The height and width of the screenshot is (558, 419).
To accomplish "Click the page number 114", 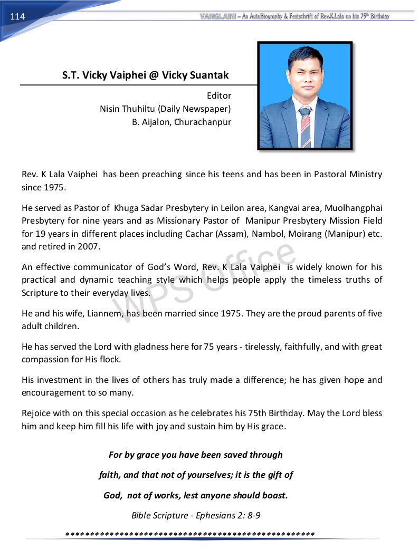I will (17, 17).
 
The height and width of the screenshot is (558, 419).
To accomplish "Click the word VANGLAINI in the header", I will (217, 16).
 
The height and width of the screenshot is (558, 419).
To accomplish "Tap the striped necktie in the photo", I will (305, 127).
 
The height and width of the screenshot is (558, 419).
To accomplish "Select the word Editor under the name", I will (219, 95).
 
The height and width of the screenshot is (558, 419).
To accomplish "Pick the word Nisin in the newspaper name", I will (111, 109).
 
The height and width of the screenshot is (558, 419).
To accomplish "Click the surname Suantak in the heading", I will (207, 75).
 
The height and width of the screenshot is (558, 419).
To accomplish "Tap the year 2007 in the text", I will (90, 246).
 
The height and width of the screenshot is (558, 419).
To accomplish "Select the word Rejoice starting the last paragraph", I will (37, 413).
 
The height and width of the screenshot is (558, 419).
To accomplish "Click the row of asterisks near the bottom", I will (190, 534).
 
